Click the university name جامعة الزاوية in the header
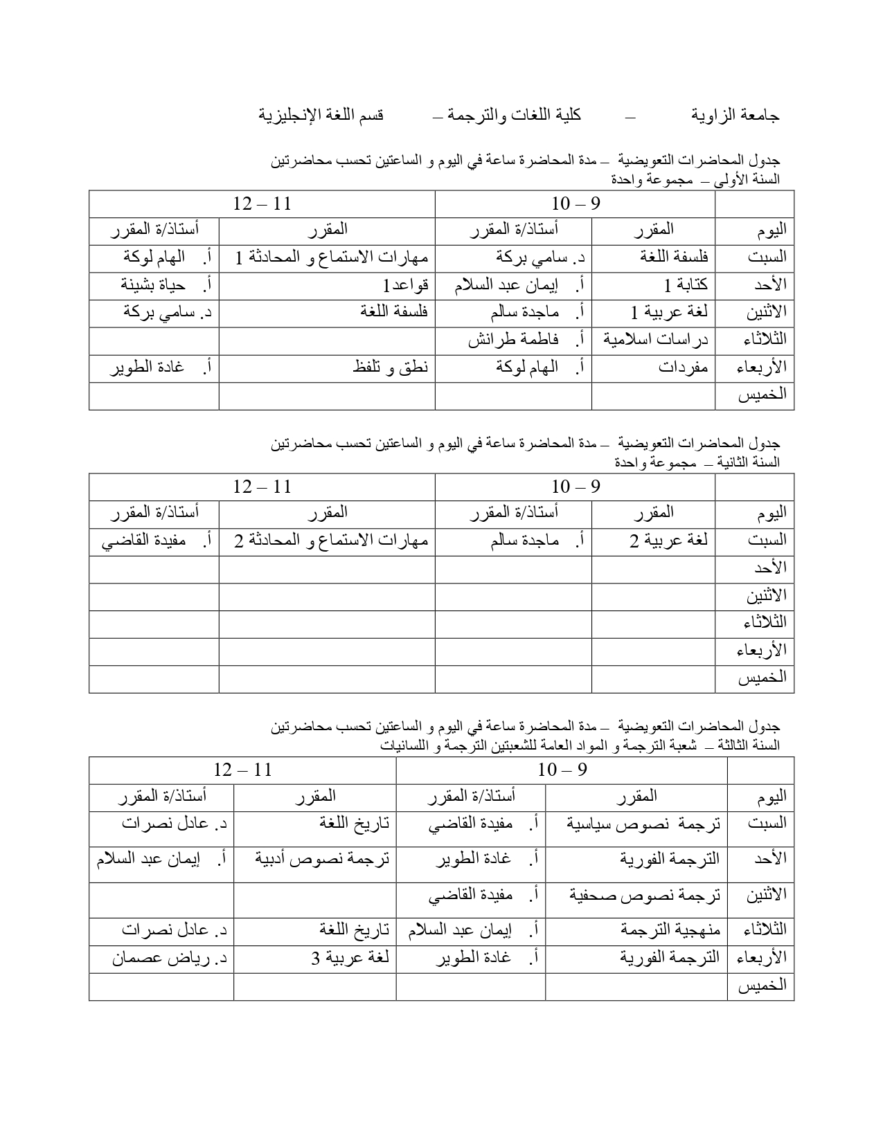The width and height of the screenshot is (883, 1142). pyautogui.click(x=735, y=116)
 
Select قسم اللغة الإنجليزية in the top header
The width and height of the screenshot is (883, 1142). pyautogui.click(x=321, y=116)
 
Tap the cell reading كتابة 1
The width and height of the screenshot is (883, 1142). pyautogui.click(x=685, y=285)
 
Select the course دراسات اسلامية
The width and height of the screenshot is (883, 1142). pyautogui.click(x=656, y=340)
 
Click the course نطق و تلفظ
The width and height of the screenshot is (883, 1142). pyautogui.click(x=391, y=368)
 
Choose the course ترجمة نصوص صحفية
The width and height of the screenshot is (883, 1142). pyautogui.click(x=645, y=896)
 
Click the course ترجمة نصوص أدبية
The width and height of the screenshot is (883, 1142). pyautogui.click(x=322, y=859)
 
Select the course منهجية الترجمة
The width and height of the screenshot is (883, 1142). pyautogui.click(x=671, y=930)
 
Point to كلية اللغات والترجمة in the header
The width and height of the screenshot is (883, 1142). pyautogui.click(x=512, y=116)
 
